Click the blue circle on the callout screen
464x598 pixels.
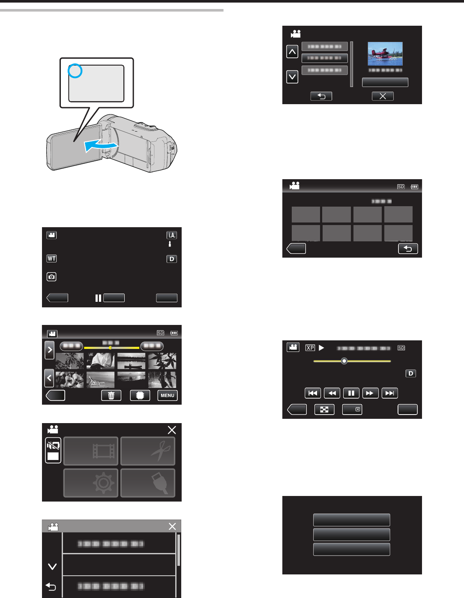(x=75, y=71)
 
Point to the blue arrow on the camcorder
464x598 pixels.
(x=100, y=146)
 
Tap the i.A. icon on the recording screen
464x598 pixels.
(x=171, y=235)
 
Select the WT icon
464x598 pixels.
(x=51, y=258)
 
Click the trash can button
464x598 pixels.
(x=111, y=395)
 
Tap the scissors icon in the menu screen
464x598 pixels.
(x=148, y=451)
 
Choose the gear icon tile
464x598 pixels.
(x=91, y=483)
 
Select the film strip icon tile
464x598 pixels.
(x=91, y=451)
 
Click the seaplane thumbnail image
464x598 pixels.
(x=385, y=54)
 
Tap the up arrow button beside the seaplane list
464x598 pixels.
(x=292, y=52)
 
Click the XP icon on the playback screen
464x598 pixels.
(x=310, y=348)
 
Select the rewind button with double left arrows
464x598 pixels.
(x=332, y=393)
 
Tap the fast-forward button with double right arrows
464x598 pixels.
(x=370, y=393)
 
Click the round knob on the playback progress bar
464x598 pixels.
(x=344, y=361)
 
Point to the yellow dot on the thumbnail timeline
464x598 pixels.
(x=110, y=348)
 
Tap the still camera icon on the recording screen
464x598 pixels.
(x=51, y=277)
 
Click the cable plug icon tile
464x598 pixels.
(x=148, y=483)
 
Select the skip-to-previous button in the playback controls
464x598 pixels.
(x=313, y=393)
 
